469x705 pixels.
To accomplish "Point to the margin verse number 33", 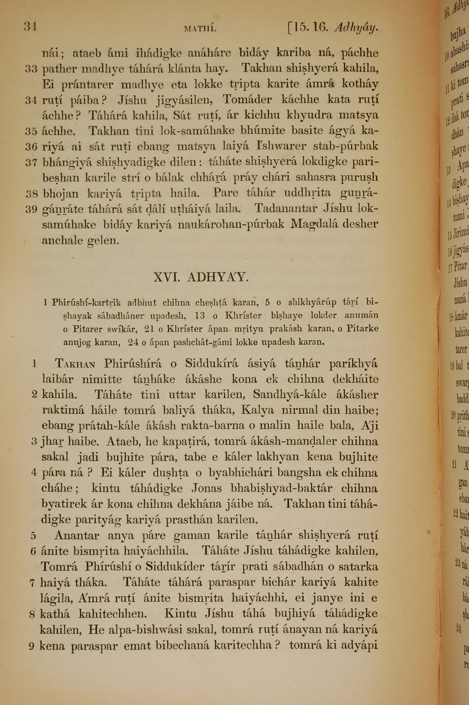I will point(31,69).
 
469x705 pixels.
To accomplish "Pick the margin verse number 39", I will point(31,210).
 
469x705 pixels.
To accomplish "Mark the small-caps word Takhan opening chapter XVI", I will point(75,364).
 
